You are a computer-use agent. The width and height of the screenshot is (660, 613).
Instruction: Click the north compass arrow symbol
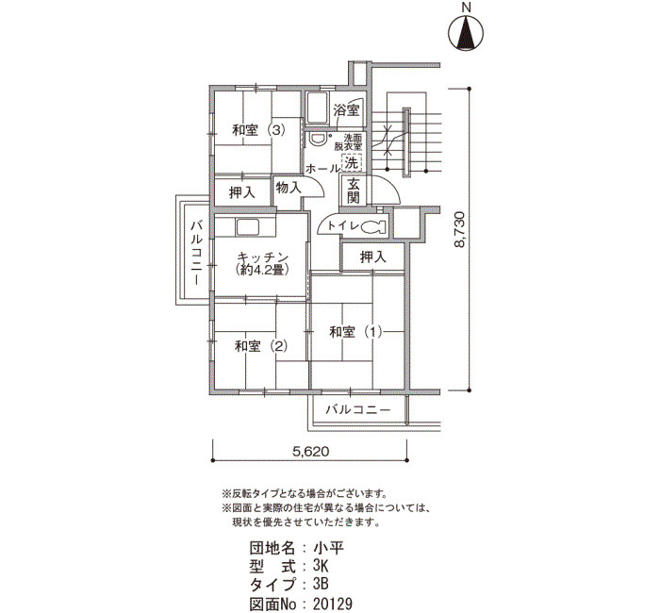tap(465, 33)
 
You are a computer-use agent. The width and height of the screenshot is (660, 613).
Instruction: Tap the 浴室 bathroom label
tap(346, 110)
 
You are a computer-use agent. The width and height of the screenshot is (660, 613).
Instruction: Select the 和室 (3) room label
tap(259, 130)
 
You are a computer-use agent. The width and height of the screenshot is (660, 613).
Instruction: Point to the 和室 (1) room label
tap(355, 332)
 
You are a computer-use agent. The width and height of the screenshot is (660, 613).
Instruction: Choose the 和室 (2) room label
tap(261, 346)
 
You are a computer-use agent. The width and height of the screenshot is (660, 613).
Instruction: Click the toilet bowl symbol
tap(373, 226)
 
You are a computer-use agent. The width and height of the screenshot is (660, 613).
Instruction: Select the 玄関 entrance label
tap(354, 191)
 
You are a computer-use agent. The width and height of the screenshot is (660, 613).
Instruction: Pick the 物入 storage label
tap(289, 188)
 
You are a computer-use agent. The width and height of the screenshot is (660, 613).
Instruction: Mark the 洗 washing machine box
tap(352, 162)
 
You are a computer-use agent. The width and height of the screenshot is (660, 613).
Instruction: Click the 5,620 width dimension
tap(310, 452)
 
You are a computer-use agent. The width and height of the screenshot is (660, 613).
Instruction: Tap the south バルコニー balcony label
tap(358, 409)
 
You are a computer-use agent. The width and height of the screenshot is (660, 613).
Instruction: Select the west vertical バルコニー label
tap(196, 254)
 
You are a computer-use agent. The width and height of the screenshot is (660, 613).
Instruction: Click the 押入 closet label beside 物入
tap(242, 192)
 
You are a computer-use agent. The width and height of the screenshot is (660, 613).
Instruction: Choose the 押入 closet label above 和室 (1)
tap(373, 257)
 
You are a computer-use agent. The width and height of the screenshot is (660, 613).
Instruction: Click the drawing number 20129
tap(333, 604)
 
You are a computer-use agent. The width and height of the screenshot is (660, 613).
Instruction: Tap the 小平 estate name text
tap(329, 548)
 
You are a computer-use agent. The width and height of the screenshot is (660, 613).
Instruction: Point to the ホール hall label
tap(322, 169)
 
